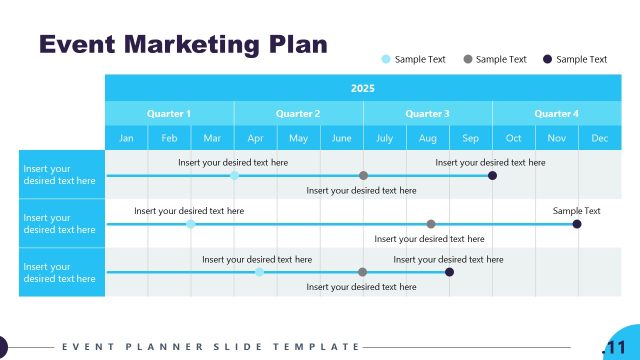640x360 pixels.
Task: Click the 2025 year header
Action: (x=363, y=88)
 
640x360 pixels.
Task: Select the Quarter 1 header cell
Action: (x=169, y=114)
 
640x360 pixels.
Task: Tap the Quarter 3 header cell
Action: (x=427, y=114)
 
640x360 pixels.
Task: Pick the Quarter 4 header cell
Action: (x=556, y=114)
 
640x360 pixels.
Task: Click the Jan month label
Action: (x=126, y=138)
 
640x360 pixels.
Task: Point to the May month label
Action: (x=298, y=138)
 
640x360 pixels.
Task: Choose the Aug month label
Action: (x=427, y=138)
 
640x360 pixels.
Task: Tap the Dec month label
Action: (x=599, y=138)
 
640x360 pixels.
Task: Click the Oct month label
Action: (x=513, y=138)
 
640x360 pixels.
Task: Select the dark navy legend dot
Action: (x=547, y=59)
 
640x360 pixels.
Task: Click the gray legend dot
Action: (x=468, y=59)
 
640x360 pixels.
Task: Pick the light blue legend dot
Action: (x=386, y=59)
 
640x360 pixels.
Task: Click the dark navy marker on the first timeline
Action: (x=492, y=175)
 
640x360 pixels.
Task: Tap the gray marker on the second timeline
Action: (x=431, y=224)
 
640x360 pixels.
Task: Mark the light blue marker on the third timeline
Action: (x=259, y=272)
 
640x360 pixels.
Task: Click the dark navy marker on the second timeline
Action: (x=577, y=224)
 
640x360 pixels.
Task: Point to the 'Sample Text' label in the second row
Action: (x=577, y=211)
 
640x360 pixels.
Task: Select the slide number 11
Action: (x=613, y=347)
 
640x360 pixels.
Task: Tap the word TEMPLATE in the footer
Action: (x=323, y=347)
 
